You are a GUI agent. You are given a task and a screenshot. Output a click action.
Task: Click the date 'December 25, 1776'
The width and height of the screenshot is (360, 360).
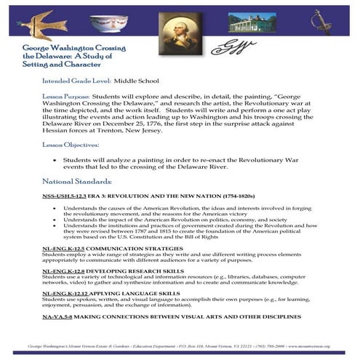pyautogui.click(x=132, y=124)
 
